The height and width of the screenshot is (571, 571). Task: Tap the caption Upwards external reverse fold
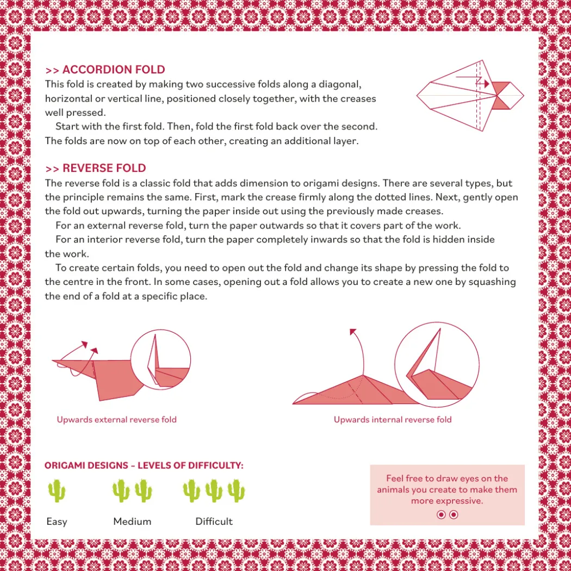point(116,419)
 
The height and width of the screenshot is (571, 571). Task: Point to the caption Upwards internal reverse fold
point(393,419)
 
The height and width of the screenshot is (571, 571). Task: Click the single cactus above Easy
point(57,491)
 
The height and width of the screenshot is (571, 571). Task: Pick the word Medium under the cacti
point(132,522)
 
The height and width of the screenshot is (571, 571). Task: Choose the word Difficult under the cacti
point(214,522)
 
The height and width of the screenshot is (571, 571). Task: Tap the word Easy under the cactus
point(57,522)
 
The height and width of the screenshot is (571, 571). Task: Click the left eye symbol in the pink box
point(441,514)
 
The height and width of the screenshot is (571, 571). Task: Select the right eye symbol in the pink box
point(454,514)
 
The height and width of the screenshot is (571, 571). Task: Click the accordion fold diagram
point(470,95)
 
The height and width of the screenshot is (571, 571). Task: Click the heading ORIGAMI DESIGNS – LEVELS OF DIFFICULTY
point(144,466)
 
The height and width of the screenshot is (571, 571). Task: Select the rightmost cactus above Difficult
point(237,491)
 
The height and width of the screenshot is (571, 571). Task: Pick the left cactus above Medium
point(121,491)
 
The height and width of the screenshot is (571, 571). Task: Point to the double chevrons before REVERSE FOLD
point(52,169)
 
